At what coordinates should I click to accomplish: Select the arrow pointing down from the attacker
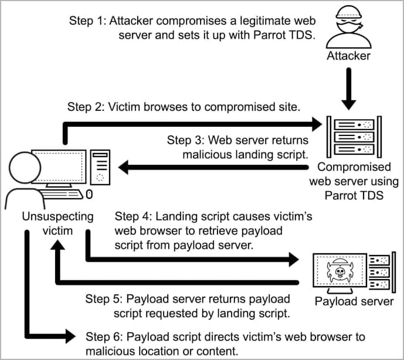(349, 88)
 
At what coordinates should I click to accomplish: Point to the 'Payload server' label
(354, 301)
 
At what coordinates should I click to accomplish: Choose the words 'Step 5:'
(105, 298)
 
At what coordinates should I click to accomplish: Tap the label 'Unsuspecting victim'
(57, 223)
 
